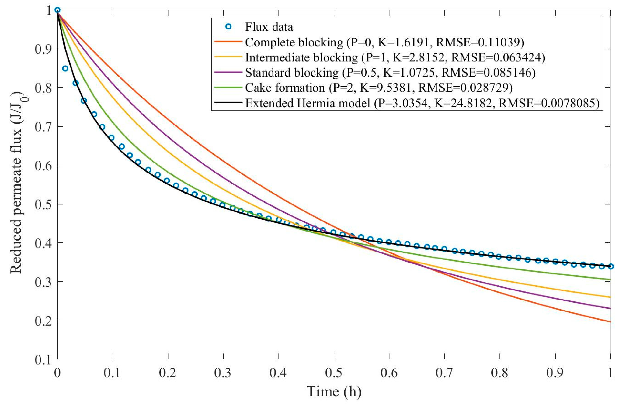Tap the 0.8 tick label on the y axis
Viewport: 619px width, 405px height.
43,88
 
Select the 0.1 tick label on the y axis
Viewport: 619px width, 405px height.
43,360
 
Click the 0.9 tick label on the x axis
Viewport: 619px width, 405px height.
555,373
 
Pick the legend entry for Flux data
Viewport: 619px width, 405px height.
269,27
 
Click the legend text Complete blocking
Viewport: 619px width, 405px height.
294,42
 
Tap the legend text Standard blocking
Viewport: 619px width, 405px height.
292,73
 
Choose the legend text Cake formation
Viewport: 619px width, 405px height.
285,88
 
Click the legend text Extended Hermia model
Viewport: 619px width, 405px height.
308,103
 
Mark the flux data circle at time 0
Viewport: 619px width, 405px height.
57,10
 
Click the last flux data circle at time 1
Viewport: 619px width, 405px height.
611,266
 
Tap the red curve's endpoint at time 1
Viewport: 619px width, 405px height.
610,321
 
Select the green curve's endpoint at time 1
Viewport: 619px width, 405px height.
610,280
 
